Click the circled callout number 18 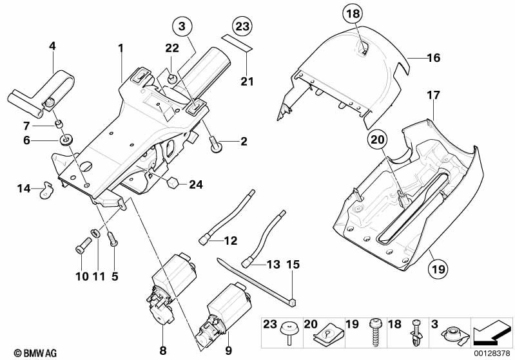point(353,14)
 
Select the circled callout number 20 point(378,139)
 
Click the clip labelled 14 point(45,190)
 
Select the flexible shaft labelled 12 point(226,216)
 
